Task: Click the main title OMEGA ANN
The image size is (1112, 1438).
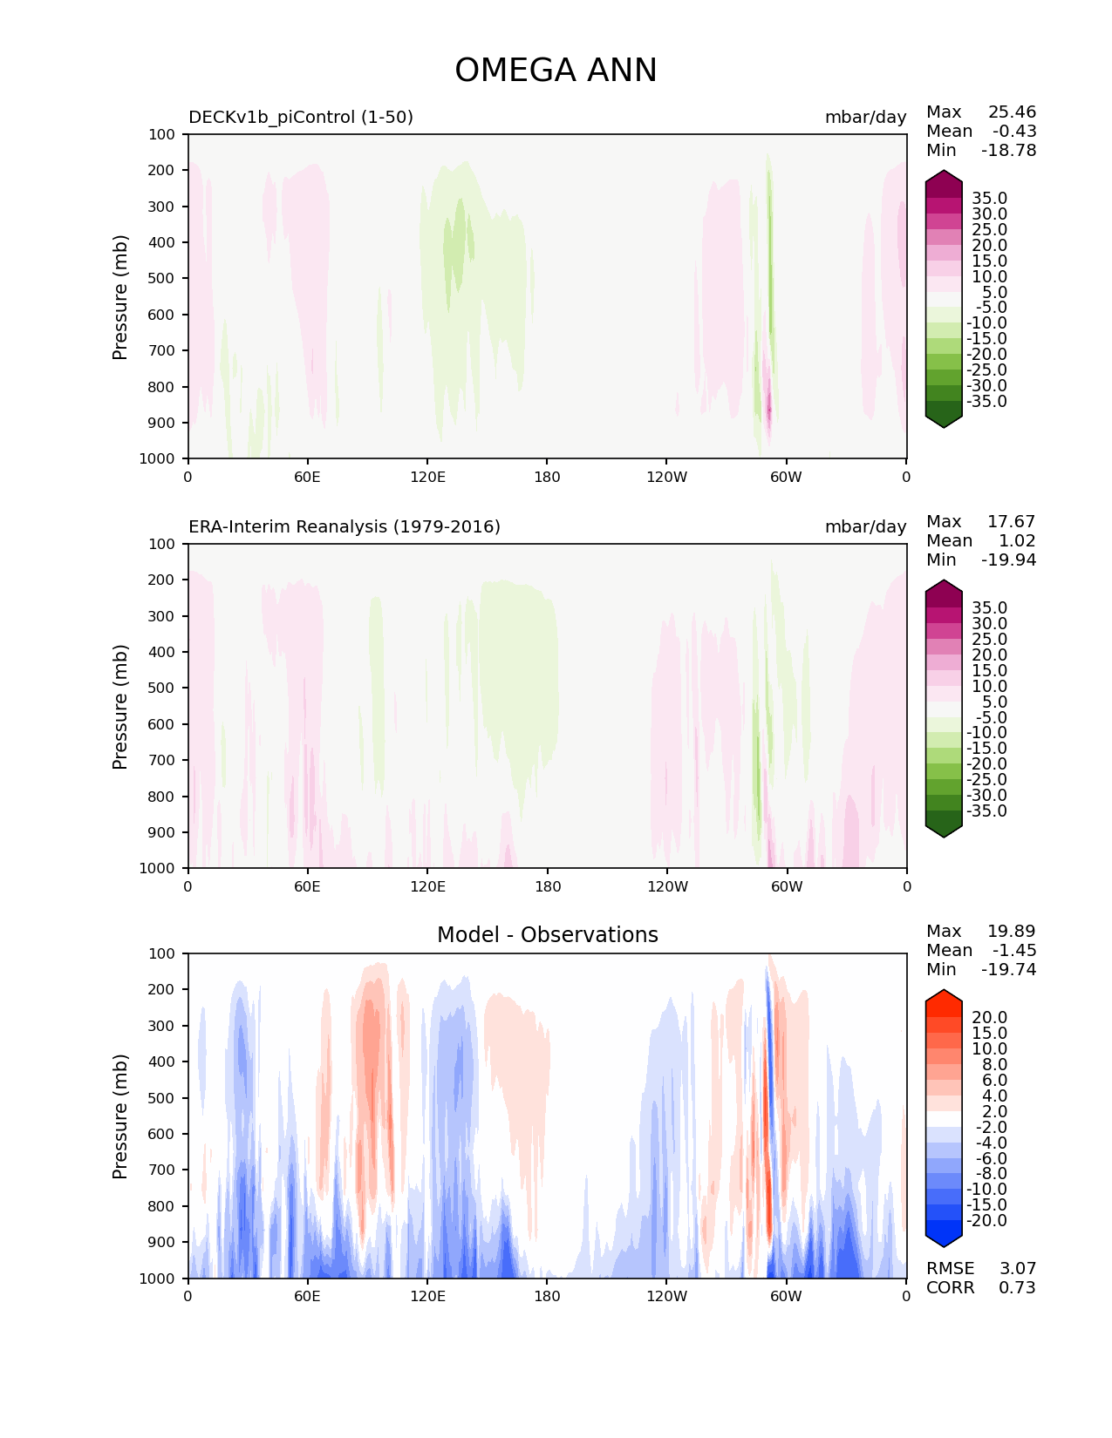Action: pyautogui.click(x=556, y=71)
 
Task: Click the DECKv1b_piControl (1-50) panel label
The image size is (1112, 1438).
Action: pyautogui.click(x=301, y=117)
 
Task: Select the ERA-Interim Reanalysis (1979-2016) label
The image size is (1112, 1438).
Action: pyautogui.click(x=345, y=526)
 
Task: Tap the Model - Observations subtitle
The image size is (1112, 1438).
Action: pyautogui.click(x=547, y=935)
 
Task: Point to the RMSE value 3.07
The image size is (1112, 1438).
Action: pyautogui.click(x=1017, y=1268)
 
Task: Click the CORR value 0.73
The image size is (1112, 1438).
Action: pyautogui.click(x=1017, y=1287)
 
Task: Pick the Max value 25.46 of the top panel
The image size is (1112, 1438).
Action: pyautogui.click(x=1012, y=112)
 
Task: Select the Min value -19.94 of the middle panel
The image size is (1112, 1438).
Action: pyautogui.click(x=1008, y=560)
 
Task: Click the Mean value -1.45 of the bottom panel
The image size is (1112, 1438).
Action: pyautogui.click(x=1013, y=950)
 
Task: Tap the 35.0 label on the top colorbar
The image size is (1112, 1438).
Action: pyautogui.click(x=989, y=199)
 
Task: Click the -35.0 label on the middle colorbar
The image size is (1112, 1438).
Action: pyautogui.click(x=986, y=811)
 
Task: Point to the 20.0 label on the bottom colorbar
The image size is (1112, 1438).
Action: pyautogui.click(x=989, y=1018)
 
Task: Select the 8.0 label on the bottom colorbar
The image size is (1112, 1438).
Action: pyautogui.click(x=994, y=1064)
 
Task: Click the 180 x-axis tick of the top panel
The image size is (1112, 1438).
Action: pyautogui.click(x=547, y=477)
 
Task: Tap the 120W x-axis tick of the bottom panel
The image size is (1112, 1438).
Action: pyautogui.click(x=666, y=1296)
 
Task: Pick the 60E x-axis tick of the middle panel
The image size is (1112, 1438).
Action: pyautogui.click(x=307, y=886)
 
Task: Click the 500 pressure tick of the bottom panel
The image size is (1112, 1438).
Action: pyautogui.click(x=162, y=1098)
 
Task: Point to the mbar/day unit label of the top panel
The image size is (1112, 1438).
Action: pyautogui.click(x=865, y=117)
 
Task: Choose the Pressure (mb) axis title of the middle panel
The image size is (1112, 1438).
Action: pyautogui.click(x=120, y=706)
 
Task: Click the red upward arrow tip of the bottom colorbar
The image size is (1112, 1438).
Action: pyautogui.click(x=944, y=996)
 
